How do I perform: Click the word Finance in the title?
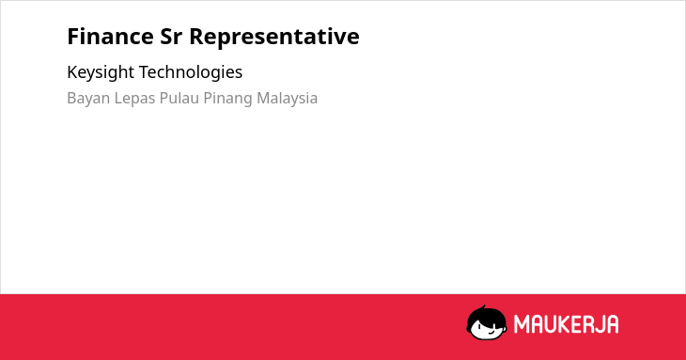tap(110, 37)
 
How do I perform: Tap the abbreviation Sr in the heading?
tap(171, 37)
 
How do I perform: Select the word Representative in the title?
tap(273, 38)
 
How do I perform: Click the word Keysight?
tap(101, 72)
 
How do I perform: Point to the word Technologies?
tap(191, 72)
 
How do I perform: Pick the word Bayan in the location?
tap(88, 99)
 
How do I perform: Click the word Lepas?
tap(134, 99)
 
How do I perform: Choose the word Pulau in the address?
tap(179, 98)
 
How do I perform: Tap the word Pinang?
tap(227, 99)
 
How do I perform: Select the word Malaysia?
tap(287, 99)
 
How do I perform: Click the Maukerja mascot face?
tap(487, 323)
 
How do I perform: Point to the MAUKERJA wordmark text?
tap(566, 324)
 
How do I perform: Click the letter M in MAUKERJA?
tap(521, 324)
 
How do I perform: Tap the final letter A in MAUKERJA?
tap(612, 324)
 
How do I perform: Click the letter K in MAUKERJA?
tap(563, 324)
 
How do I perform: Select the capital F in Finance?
tap(73, 37)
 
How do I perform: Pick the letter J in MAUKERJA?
tap(598, 324)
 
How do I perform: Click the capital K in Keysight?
tap(71, 72)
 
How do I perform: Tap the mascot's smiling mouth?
tap(491, 333)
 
